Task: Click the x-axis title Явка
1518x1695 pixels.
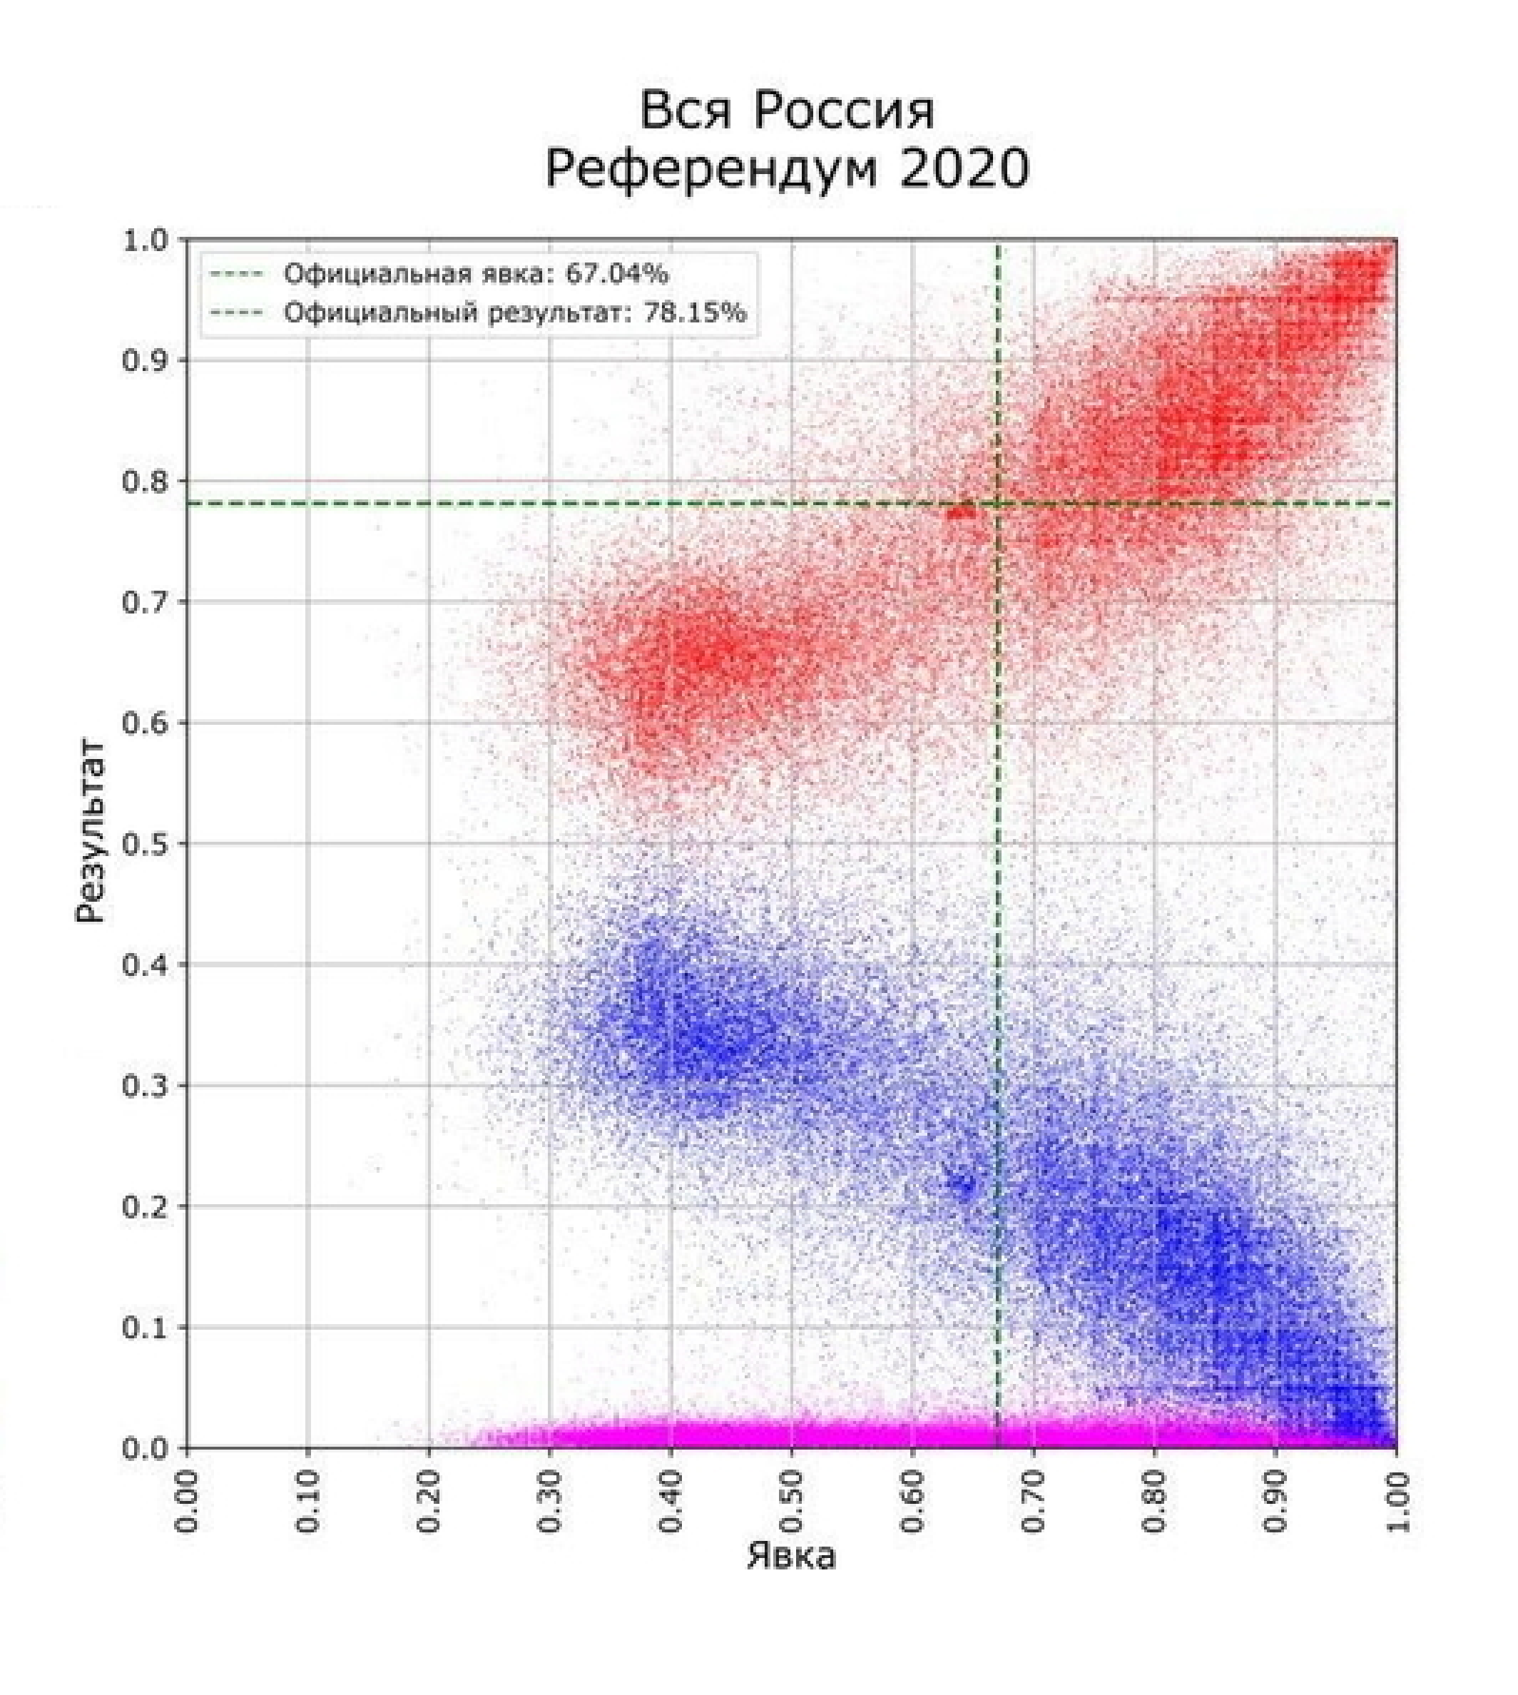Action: [x=790, y=1556]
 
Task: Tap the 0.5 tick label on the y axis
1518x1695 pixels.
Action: [x=147, y=843]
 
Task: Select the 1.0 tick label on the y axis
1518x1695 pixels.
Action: [x=147, y=240]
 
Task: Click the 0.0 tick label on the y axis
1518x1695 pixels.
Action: [x=147, y=1447]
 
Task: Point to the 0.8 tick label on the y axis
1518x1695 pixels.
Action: [x=147, y=482]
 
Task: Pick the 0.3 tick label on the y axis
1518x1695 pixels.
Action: [x=147, y=1085]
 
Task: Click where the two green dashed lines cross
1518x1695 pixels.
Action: [x=999, y=503]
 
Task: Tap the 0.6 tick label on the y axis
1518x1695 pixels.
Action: [x=147, y=723]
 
